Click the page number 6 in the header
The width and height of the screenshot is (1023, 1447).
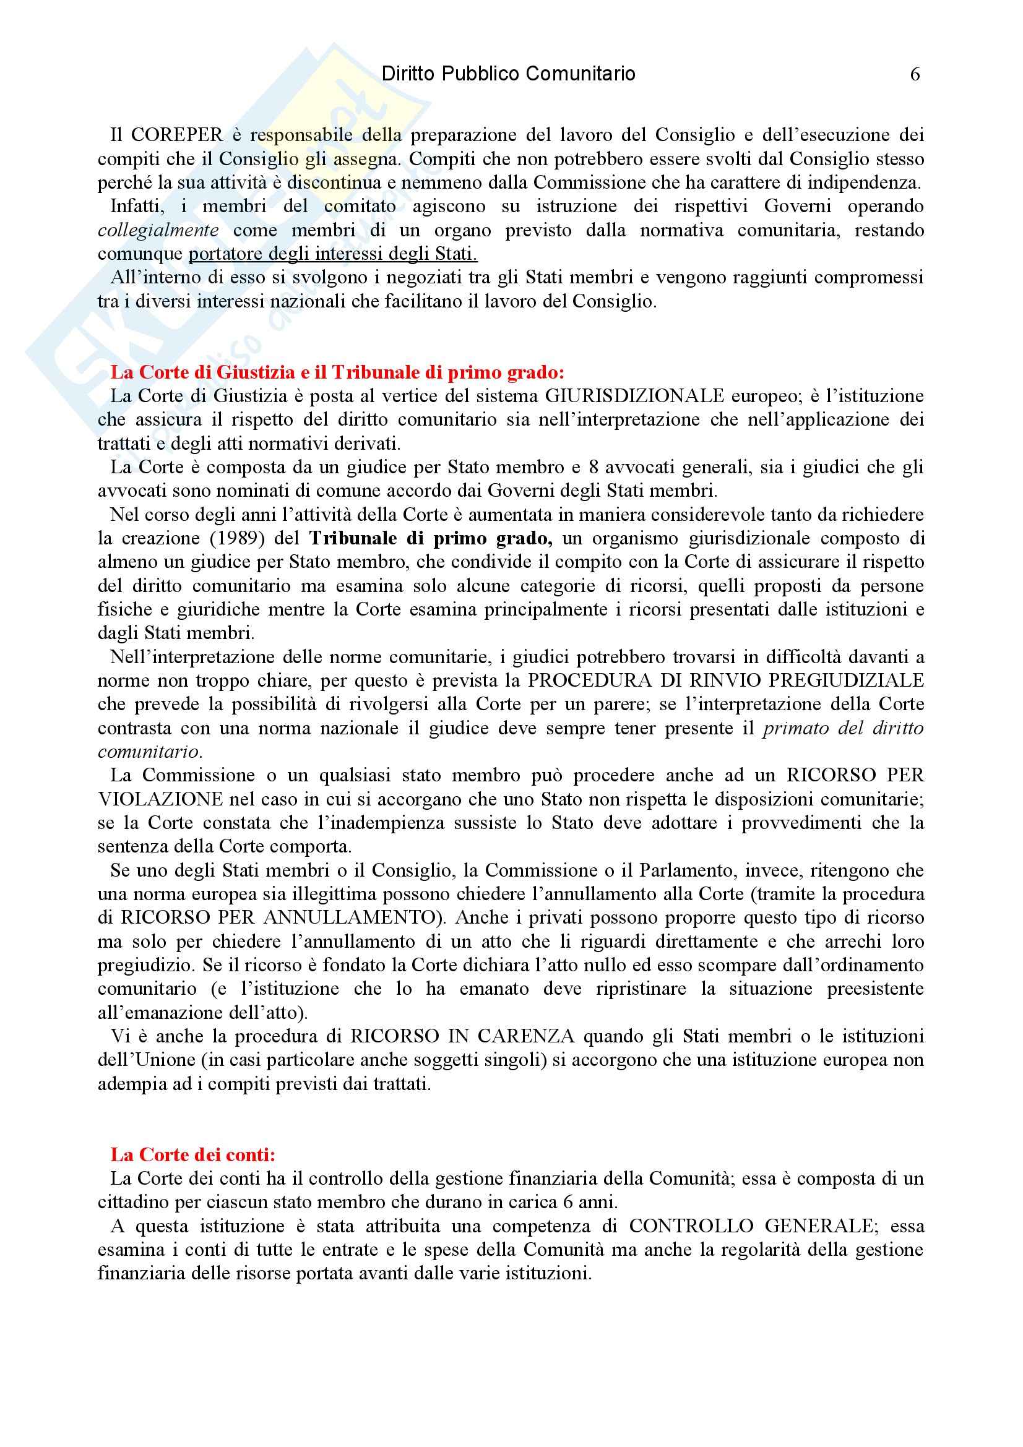point(915,74)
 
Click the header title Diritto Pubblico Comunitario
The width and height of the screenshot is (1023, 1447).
point(509,74)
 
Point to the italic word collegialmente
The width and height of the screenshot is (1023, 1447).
point(158,230)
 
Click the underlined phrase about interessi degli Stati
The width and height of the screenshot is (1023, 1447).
point(333,254)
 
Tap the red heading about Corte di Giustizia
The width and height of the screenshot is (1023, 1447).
point(337,372)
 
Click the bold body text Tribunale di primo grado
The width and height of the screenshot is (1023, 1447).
point(431,538)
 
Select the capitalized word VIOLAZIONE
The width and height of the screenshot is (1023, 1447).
point(160,799)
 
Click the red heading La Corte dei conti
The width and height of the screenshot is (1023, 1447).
point(193,1154)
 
